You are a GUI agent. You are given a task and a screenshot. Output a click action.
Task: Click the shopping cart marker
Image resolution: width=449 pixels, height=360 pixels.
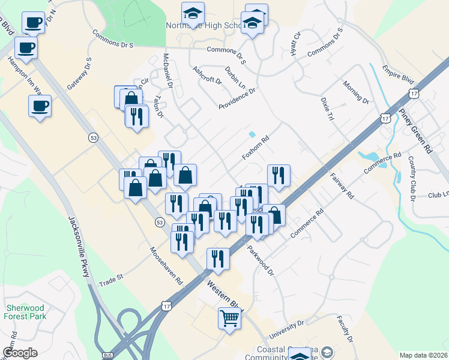coord(230,318)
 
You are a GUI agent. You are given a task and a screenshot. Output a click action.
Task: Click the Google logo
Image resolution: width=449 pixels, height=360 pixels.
coord(20,353)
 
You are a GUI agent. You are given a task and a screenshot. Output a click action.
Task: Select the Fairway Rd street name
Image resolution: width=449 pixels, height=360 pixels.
coord(342,187)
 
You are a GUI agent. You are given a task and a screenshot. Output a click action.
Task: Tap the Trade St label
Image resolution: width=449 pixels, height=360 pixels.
coord(110,279)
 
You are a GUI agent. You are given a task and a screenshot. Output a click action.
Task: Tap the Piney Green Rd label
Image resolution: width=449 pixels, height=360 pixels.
coord(428,135)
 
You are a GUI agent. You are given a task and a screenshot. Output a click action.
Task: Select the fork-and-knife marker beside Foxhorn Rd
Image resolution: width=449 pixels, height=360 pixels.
coord(279,175)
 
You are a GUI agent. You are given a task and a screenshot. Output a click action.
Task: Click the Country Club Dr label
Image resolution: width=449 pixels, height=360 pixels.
coord(412,178)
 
